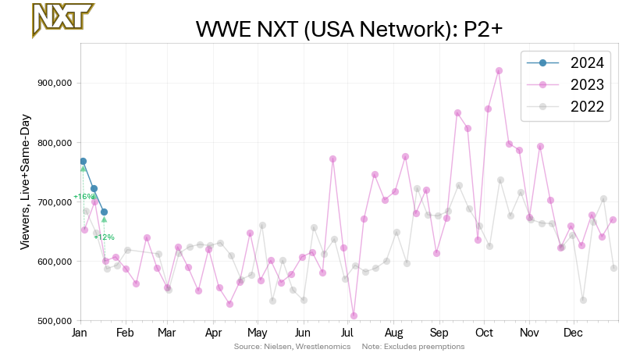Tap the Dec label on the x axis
[x=574, y=333]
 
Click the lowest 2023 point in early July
[x=354, y=315]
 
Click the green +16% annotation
[x=83, y=197]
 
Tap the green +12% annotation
[x=104, y=237]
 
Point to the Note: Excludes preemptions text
[x=414, y=346]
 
